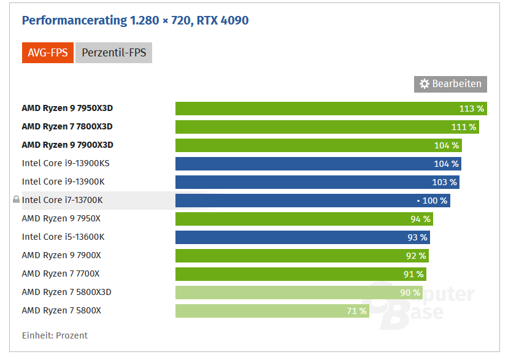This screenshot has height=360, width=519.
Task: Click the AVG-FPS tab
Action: [x=48, y=53]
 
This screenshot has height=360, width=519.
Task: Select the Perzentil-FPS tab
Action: [x=113, y=53]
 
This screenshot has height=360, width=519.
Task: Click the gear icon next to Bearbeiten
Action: [x=425, y=84]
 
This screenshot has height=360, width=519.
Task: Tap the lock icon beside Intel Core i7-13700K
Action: [x=16, y=200]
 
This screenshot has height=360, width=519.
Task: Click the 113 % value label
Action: [x=472, y=109]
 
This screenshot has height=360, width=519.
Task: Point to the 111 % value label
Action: [x=464, y=127]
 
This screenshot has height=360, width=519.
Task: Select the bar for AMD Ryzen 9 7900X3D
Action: [x=318, y=145]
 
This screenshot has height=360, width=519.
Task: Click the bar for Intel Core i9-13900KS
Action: [x=318, y=164]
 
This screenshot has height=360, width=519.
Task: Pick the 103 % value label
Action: [x=444, y=182]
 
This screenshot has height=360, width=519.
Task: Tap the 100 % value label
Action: [x=435, y=201]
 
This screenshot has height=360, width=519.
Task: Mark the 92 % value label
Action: [x=415, y=256]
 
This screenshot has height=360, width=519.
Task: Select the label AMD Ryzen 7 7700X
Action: [x=61, y=274]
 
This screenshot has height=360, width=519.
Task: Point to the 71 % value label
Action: [x=356, y=311]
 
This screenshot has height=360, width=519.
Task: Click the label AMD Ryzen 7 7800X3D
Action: [x=67, y=126]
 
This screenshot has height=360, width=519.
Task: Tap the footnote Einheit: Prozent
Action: [x=55, y=335]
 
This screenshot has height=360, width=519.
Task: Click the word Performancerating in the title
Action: [x=74, y=21]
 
